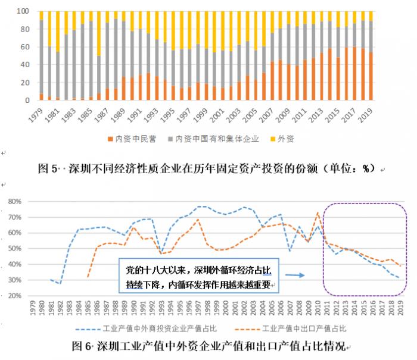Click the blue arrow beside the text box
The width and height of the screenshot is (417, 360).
(295, 275)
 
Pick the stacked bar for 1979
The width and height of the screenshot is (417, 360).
(41, 56)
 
